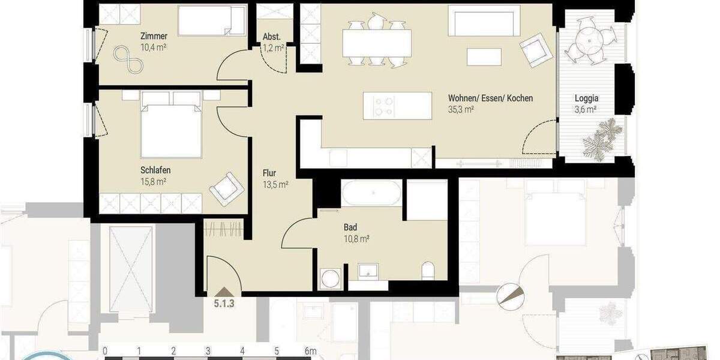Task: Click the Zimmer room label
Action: [x=154, y=36]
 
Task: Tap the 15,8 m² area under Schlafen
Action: [x=154, y=181]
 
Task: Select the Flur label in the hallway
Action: [x=269, y=173]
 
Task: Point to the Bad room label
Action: [x=350, y=227]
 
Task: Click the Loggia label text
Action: [x=586, y=98]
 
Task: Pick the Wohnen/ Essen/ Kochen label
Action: [x=490, y=98]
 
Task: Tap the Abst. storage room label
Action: [x=272, y=37]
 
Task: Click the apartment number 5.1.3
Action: [x=224, y=303]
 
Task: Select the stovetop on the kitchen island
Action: [x=383, y=106]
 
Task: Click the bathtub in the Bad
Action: [x=371, y=193]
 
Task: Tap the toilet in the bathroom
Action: [x=428, y=270]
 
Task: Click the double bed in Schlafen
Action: [x=171, y=126]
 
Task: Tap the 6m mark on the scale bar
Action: [x=310, y=351]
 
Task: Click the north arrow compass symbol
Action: [x=510, y=295]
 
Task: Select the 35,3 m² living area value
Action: [x=461, y=110]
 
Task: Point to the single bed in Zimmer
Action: [x=211, y=21]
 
